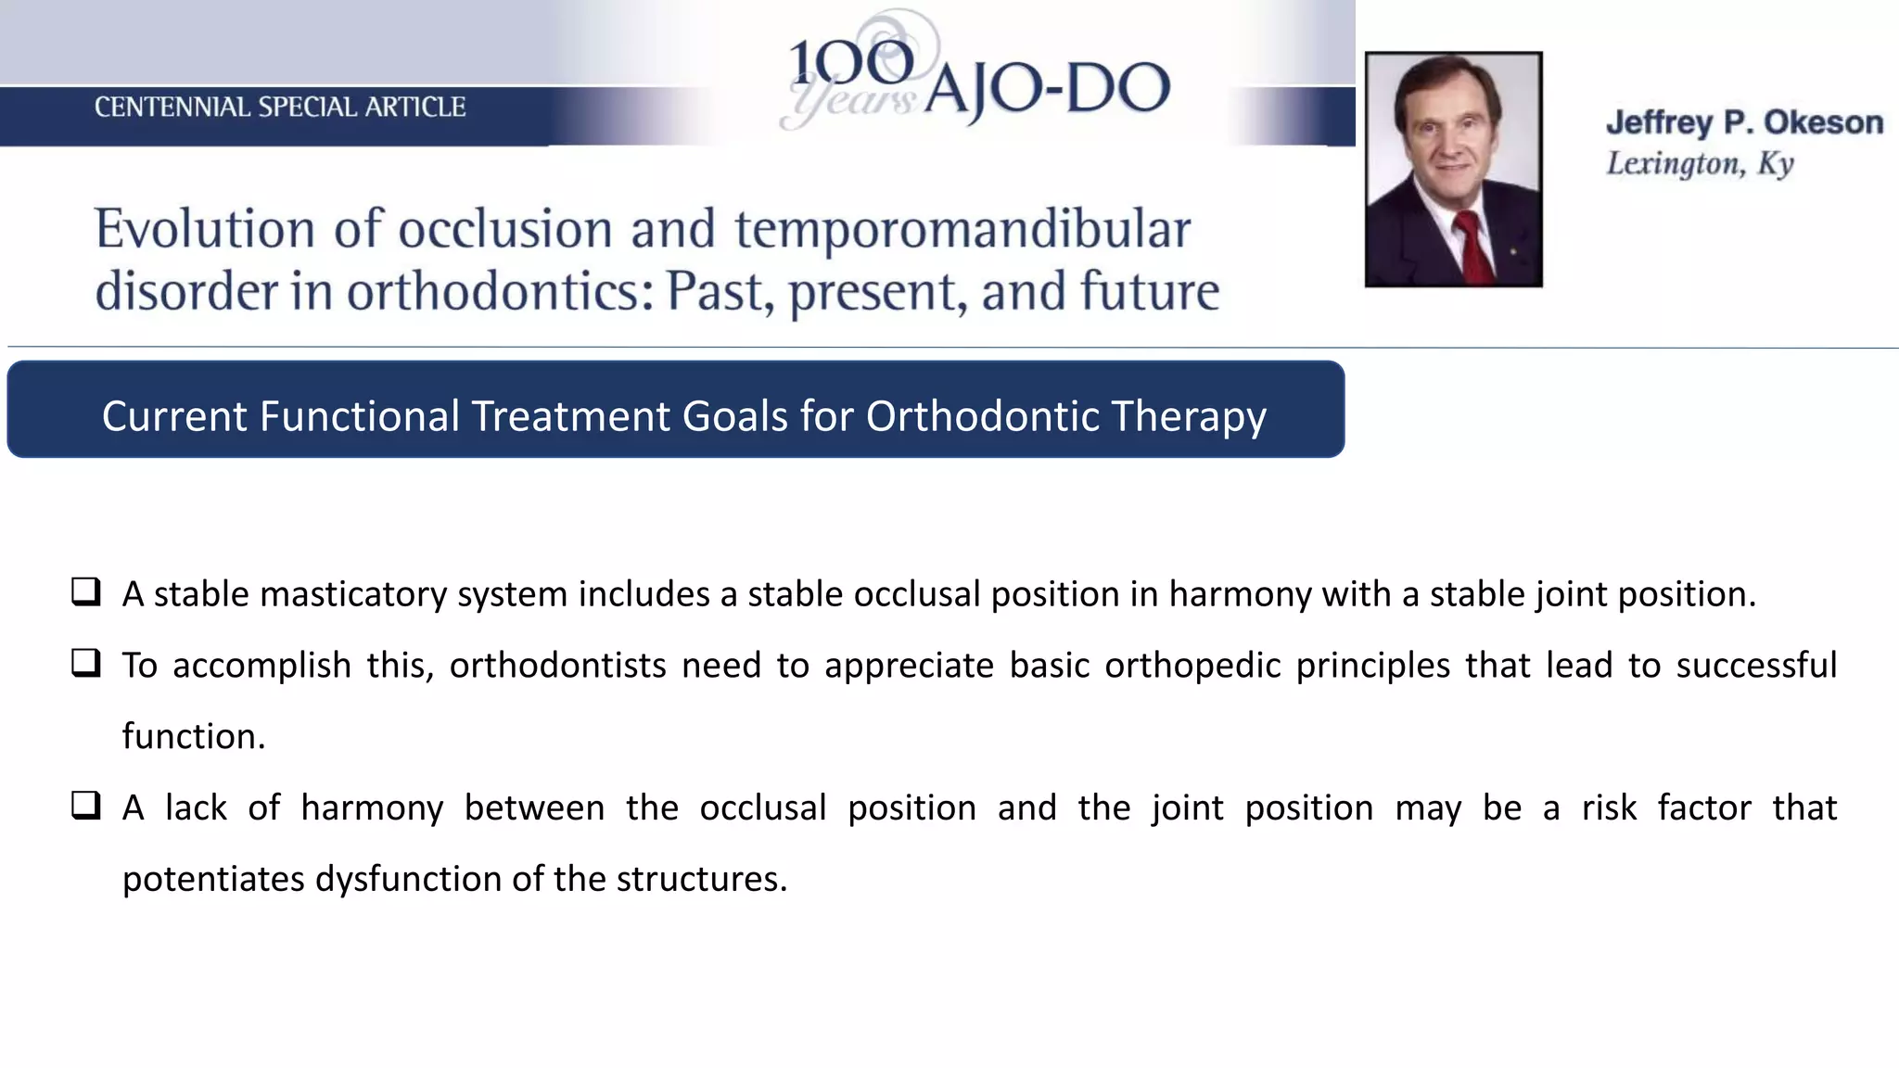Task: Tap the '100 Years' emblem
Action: (x=853, y=74)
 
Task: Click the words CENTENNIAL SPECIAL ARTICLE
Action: (x=279, y=108)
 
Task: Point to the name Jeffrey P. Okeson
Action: (x=1744, y=122)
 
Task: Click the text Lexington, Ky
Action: (x=1700, y=164)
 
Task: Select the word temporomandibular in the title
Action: (x=962, y=229)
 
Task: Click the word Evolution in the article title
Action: (x=205, y=229)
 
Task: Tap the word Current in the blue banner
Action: (x=175, y=416)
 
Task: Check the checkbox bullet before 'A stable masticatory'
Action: (x=86, y=591)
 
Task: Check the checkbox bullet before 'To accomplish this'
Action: (x=86, y=663)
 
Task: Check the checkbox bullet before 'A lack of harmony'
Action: (x=86, y=805)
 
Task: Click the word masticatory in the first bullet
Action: (x=352, y=594)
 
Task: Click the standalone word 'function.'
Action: (x=194, y=737)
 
